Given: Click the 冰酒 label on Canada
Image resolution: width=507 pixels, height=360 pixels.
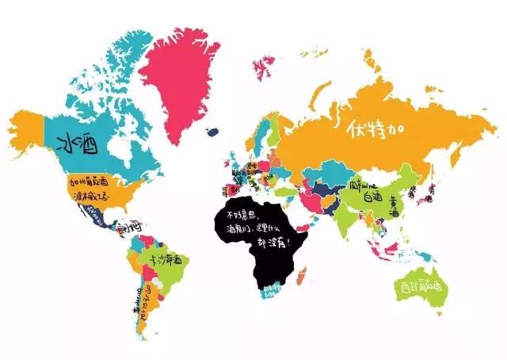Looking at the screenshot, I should (x=77, y=144).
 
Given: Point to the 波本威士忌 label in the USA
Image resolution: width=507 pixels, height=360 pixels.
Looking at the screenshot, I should (x=90, y=193).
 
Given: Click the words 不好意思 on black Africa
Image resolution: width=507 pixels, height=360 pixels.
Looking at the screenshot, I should (x=244, y=214).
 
